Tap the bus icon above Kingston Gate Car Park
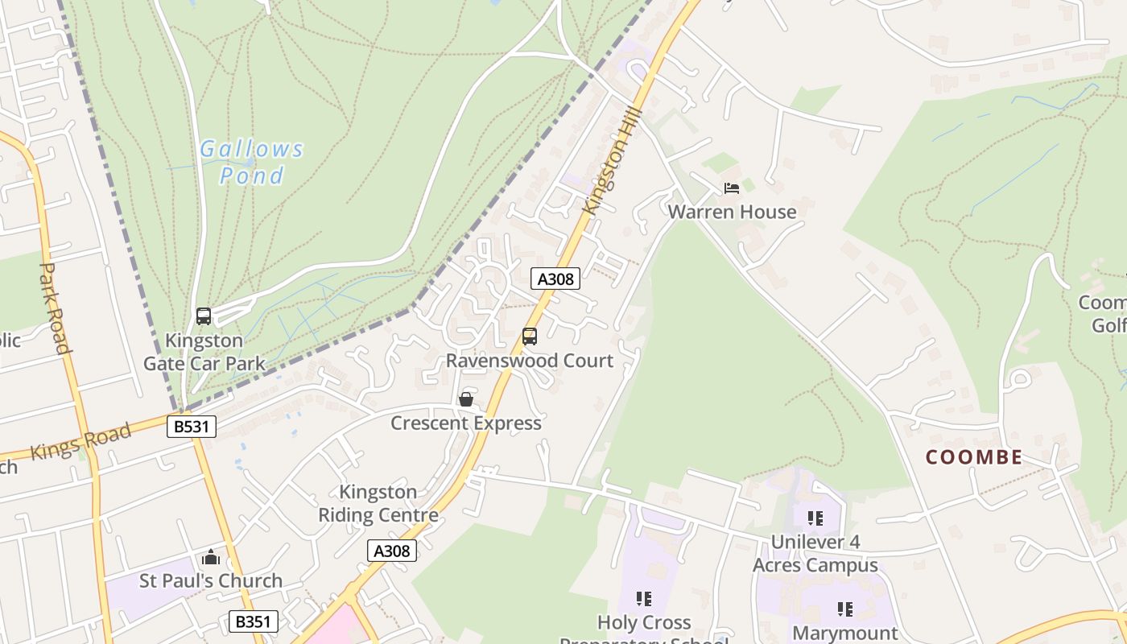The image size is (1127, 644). pos(204,316)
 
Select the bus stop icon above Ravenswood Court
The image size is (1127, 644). pos(530,336)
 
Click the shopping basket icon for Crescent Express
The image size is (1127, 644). pos(465,399)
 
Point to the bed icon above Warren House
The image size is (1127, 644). pos(731,188)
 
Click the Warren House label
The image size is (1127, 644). pos(732,212)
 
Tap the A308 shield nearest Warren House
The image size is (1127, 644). pos(555,279)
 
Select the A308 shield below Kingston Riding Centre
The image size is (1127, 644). pos(393,551)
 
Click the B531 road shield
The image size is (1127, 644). pos(192,426)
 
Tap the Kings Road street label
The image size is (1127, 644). pos(80,442)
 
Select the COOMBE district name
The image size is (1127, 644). pos(973,457)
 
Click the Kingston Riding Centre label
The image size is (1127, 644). pos(378,503)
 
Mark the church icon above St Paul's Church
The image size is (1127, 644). pos(211,557)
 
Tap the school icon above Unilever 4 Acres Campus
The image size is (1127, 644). pos(815,518)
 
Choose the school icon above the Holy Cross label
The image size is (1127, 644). pos(643,599)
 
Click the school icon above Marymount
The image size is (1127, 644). pos(844,609)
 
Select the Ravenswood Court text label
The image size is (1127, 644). pos(530,361)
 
